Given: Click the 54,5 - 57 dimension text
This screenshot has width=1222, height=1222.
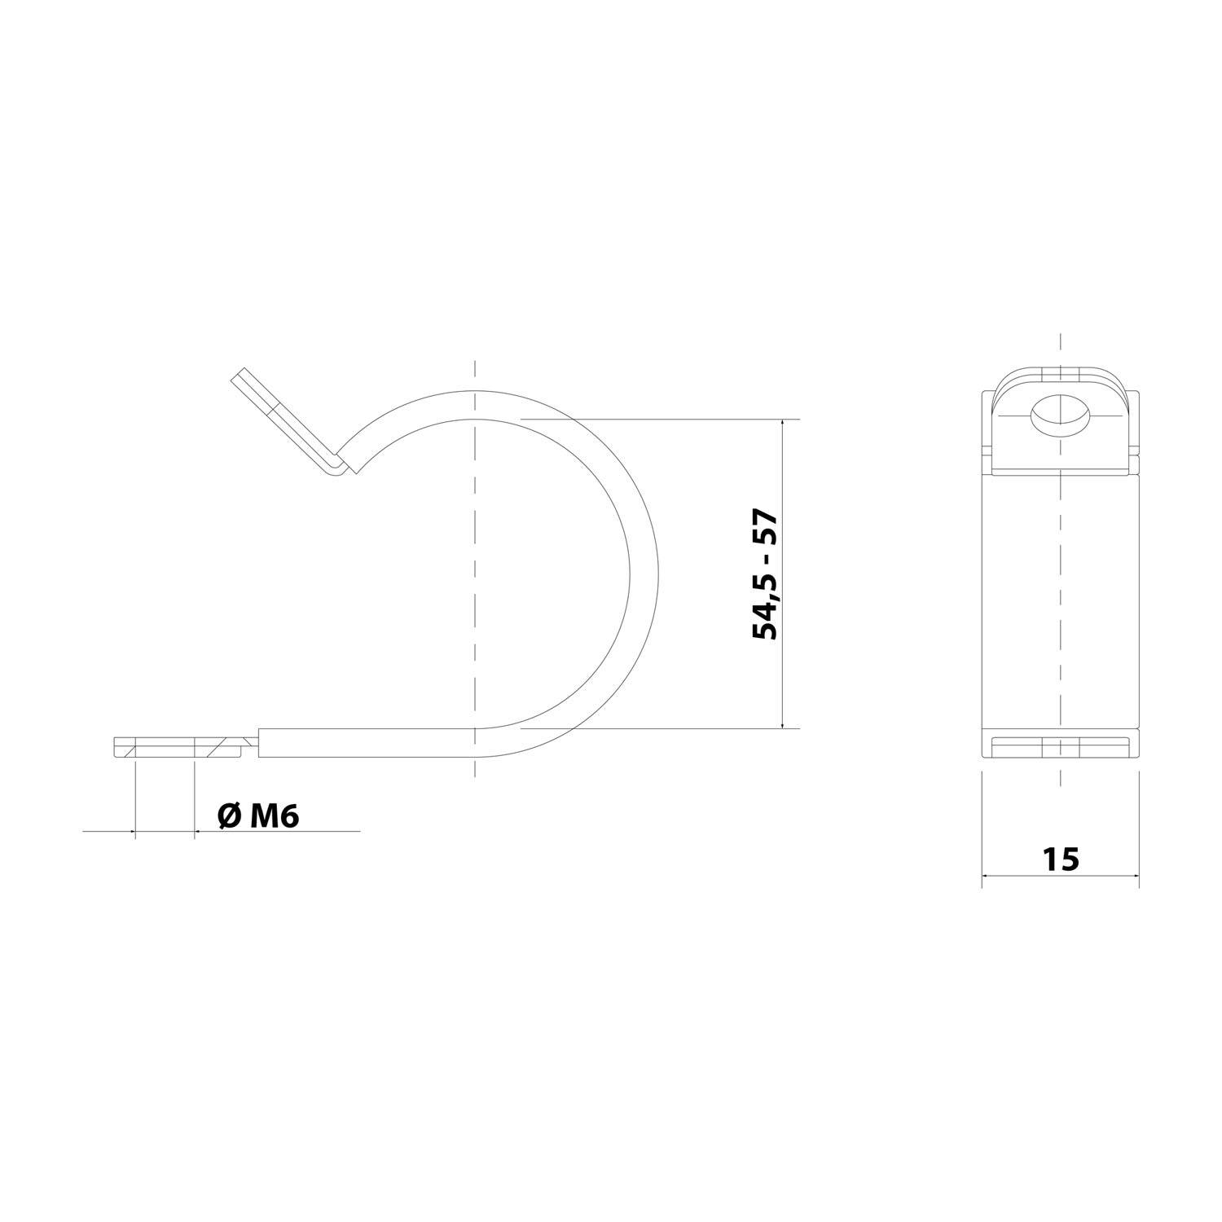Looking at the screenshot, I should [x=765, y=575].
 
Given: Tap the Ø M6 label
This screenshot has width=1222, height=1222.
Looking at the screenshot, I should [x=259, y=815].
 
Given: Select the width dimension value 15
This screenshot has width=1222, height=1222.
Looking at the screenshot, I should [x=1060, y=859].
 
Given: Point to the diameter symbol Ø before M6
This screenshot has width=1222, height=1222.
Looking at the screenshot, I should [x=230, y=816].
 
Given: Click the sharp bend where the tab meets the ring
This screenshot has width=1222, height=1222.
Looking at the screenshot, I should [x=342, y=469].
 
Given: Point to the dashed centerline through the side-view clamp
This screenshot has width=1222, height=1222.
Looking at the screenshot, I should [x=474, y=570].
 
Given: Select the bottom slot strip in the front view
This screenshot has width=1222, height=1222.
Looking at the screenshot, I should [x=1060, y=747].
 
